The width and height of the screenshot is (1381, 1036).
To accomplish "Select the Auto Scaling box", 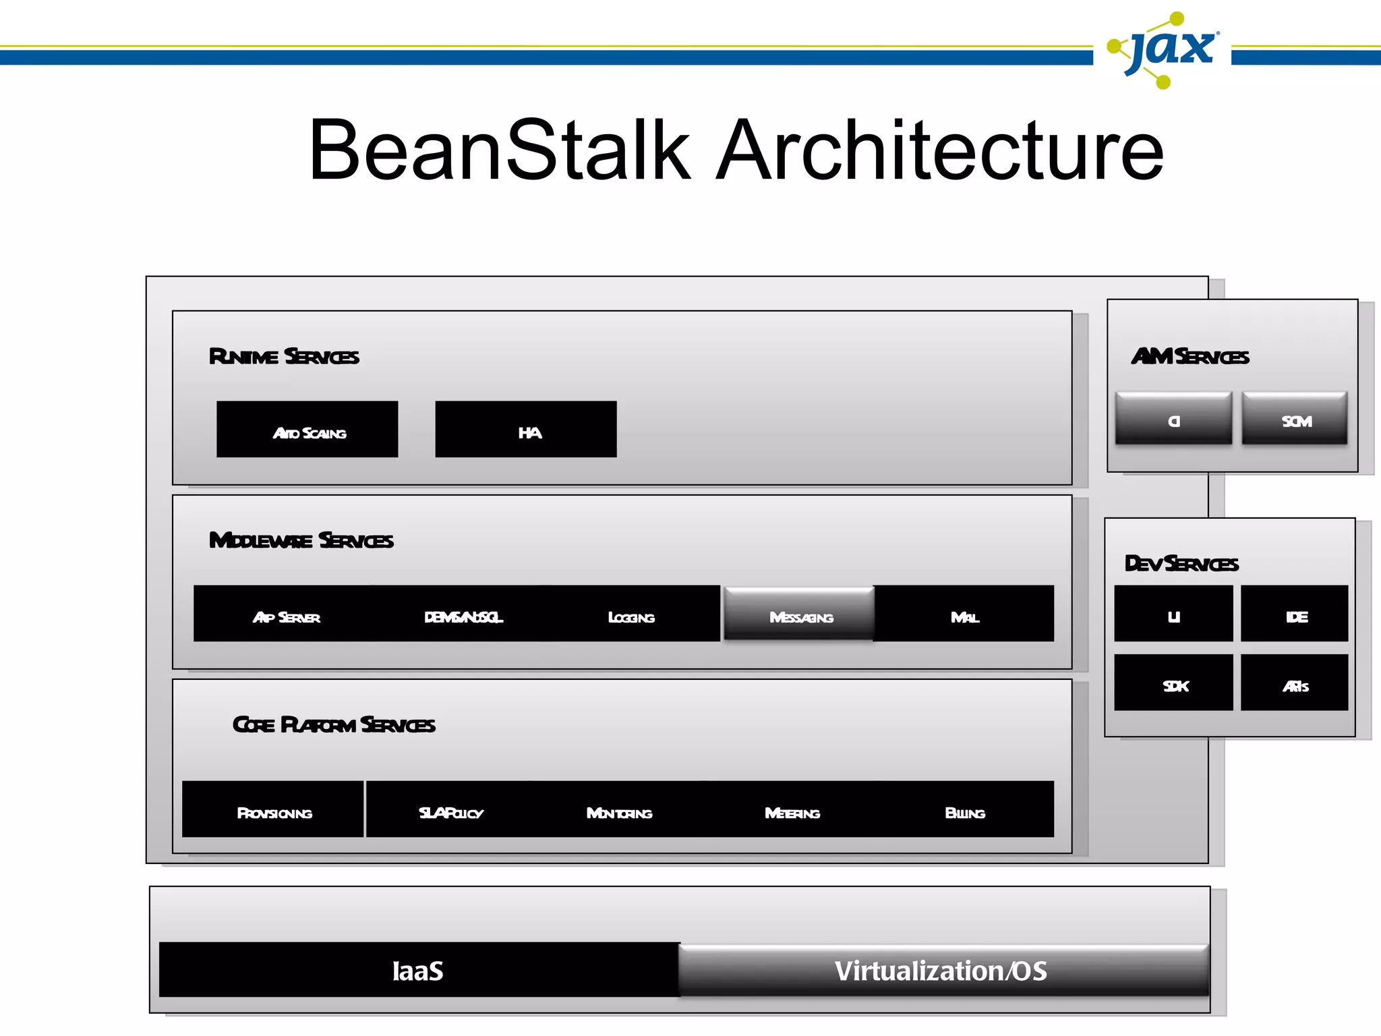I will click(x=307, y=430).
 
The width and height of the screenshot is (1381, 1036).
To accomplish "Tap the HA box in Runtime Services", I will click(x=526, y=430).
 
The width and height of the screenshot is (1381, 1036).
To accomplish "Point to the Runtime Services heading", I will click(x=284, y=356).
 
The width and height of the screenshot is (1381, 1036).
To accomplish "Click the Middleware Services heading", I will click(x=301, y=540).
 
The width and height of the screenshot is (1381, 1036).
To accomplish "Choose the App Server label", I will click(x=287, y=617).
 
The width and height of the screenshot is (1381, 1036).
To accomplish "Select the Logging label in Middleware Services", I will click(x=631, y=617).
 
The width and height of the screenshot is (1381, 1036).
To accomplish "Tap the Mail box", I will click(x=964, y=614).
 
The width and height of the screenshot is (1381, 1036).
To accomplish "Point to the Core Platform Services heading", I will click(x=334, y=724).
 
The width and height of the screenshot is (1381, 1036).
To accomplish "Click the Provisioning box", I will click(x=273, y=809).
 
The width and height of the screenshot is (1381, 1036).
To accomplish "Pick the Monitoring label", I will click(x=619, y=813).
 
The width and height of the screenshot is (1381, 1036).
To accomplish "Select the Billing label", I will click(x=964, y=813).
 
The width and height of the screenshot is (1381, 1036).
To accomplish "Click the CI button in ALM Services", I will click(x=1173, y=419).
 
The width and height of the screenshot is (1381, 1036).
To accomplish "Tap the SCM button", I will click(x=1295, y=419).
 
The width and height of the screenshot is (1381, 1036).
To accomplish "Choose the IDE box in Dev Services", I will click(x=1295, y=614).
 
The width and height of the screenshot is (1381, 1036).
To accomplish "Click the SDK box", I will click(x=1174, y=683).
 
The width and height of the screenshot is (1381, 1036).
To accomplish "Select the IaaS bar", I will click(x=418, y=970).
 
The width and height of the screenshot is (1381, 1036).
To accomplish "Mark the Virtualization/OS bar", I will click(x=942, y=970).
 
